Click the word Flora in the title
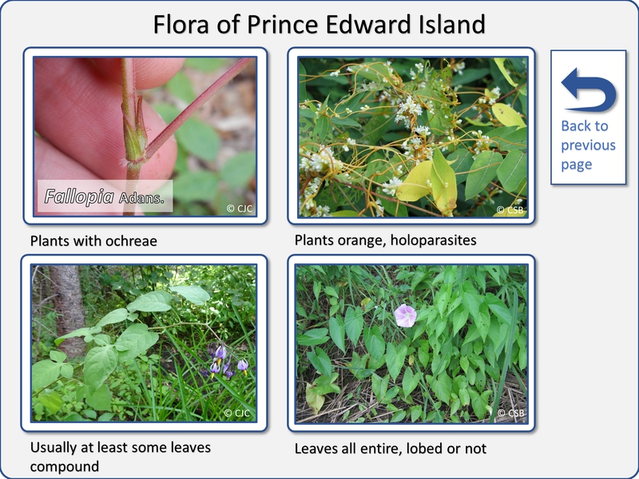point(182,24)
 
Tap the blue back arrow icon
point(589,89)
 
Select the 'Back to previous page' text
point(588,145)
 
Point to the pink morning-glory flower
point(405,315)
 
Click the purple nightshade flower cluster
point(225,361)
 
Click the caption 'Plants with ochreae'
point(93,241)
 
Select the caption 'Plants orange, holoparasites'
point(385,240)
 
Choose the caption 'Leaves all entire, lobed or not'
point(390,449)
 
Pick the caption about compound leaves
point(121,457)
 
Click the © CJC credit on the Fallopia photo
point(239,208)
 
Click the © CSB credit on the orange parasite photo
point(510,210)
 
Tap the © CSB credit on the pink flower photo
point(510,413)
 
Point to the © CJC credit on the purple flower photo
point(236,413)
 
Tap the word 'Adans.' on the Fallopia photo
point(141,199)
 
